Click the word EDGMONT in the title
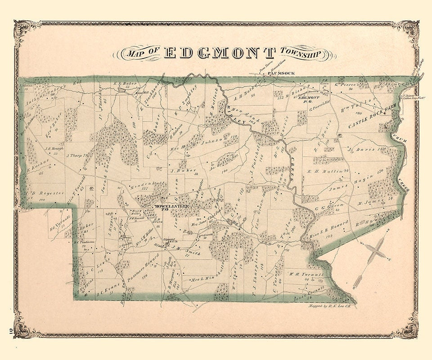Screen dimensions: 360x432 pyautogui.click(x=220, y=53)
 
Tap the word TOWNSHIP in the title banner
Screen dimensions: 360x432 pyautogui.click(x=302, y=54)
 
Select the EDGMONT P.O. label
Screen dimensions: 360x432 pyautogui.click(x=309, y=100)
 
